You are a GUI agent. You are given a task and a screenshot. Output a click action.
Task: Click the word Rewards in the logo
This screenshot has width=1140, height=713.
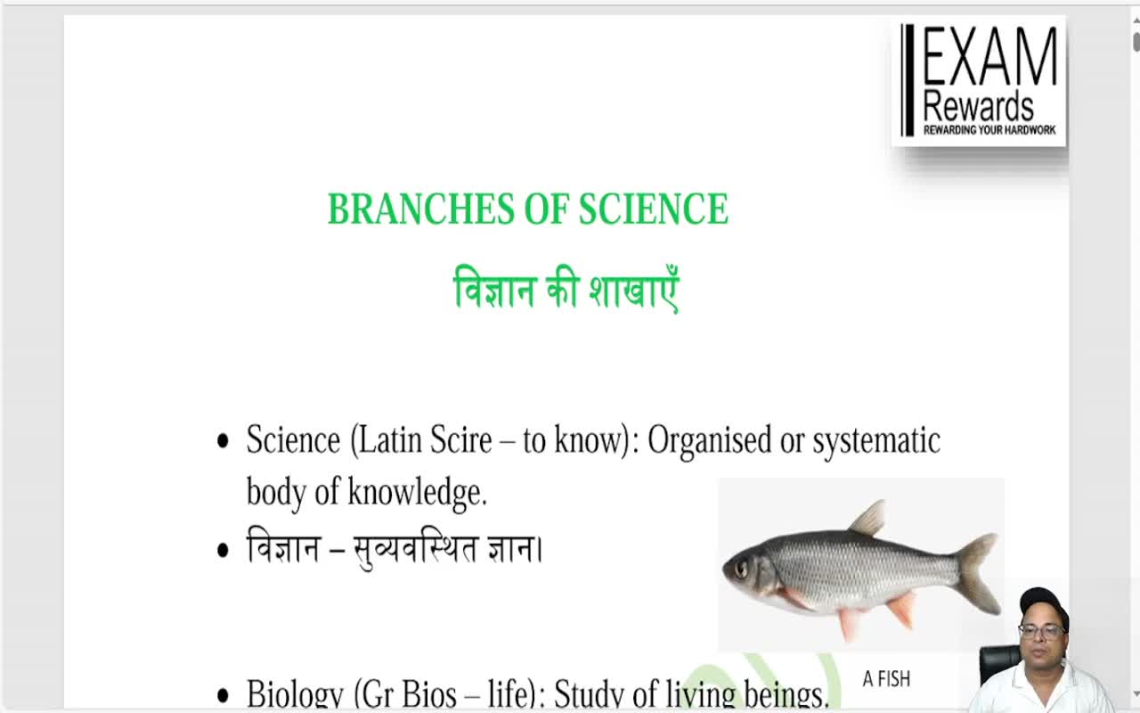point(978,106)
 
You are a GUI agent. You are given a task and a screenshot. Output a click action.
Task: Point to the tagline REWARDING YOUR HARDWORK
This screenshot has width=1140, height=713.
point(989,130)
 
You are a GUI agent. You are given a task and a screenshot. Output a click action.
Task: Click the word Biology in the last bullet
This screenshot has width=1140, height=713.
point(294,694)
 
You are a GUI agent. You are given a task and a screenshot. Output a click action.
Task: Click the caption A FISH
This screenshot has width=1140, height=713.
point(886,679)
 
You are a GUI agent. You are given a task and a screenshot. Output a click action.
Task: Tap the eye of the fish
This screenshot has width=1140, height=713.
point(741,568)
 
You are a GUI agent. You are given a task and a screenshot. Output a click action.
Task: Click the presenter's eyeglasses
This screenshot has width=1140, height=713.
point(1041,632)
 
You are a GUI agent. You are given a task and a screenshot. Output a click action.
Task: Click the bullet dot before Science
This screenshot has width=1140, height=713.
point(223,442)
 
